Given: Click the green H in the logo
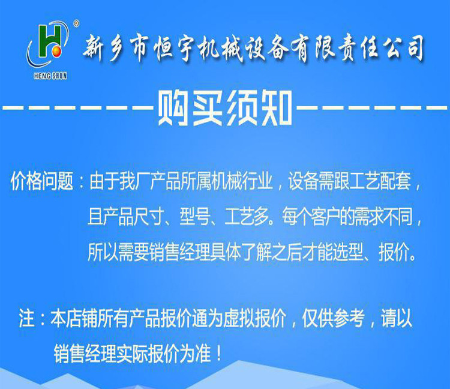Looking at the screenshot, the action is pyautogui.click(x=50, y=40).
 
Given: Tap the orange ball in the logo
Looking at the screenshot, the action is pyautogui.click(x=56, y=51).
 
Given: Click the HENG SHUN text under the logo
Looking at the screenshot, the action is pyautogui.click(x=50, y=76).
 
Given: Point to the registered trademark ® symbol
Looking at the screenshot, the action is pyautogui.click(x=76, y=24).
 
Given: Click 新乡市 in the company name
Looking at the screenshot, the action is pyautogui.click(x=117, y=48).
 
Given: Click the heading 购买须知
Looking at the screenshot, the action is pyautogui.click(x=225, y=108).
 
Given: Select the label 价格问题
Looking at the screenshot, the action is pyautogui.click(x=42, y=181).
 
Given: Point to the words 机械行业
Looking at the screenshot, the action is pyautogui.click(x=242, y=181).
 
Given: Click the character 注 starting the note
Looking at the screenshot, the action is pyautogui.click(x=26, y=318).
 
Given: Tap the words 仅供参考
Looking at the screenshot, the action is pyautogui.click(x=333, y=318).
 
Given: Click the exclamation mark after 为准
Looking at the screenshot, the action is pyautogui.click(x=219, y=354).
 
